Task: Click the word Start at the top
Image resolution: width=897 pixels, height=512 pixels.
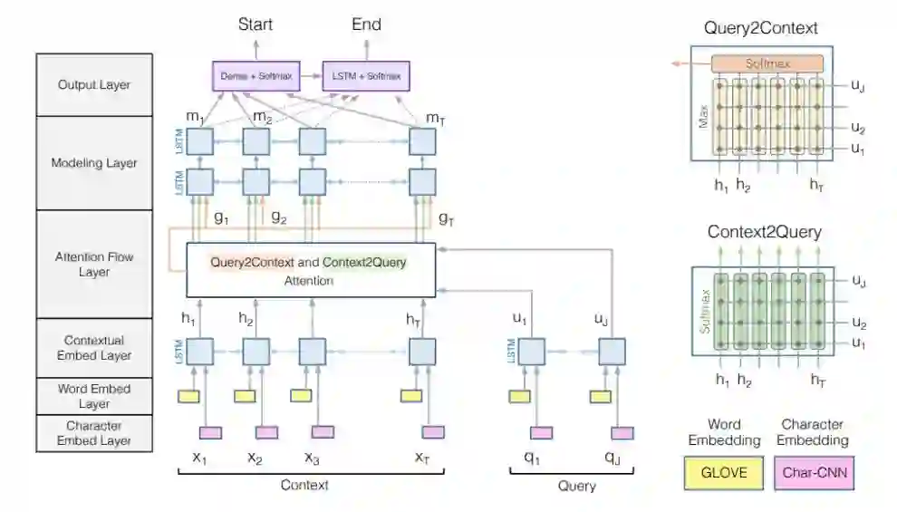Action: coord(255,24)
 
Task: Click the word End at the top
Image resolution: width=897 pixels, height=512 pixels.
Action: coord(366,24)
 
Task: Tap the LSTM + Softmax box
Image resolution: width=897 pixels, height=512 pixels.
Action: coord(367,76)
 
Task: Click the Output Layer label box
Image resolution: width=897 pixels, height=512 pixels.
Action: coord(93,85)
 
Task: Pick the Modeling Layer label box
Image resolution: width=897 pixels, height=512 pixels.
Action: coord(93,163)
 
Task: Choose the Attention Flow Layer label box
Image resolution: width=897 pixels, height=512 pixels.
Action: coord(93,264)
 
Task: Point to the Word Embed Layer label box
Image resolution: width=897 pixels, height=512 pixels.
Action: coord(93,396)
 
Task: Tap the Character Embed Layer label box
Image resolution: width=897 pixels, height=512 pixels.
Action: coord(93,433)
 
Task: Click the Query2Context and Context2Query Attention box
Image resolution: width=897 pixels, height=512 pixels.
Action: coord(311,270)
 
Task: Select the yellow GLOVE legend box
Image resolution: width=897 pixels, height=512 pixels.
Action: coord(717,472)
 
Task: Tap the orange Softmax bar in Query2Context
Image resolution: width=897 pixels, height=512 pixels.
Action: coord(767,63)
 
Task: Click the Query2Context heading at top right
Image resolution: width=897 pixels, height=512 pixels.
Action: coord(760,28)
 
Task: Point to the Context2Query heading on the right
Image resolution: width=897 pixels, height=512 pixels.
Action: coord(764,232)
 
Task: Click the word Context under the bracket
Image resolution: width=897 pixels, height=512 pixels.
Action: coord(304,486)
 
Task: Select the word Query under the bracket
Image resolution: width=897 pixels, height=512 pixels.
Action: coord(576,487)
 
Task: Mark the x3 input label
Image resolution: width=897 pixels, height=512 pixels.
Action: coord(312,458)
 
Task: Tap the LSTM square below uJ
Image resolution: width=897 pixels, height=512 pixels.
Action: coord(612,351)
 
